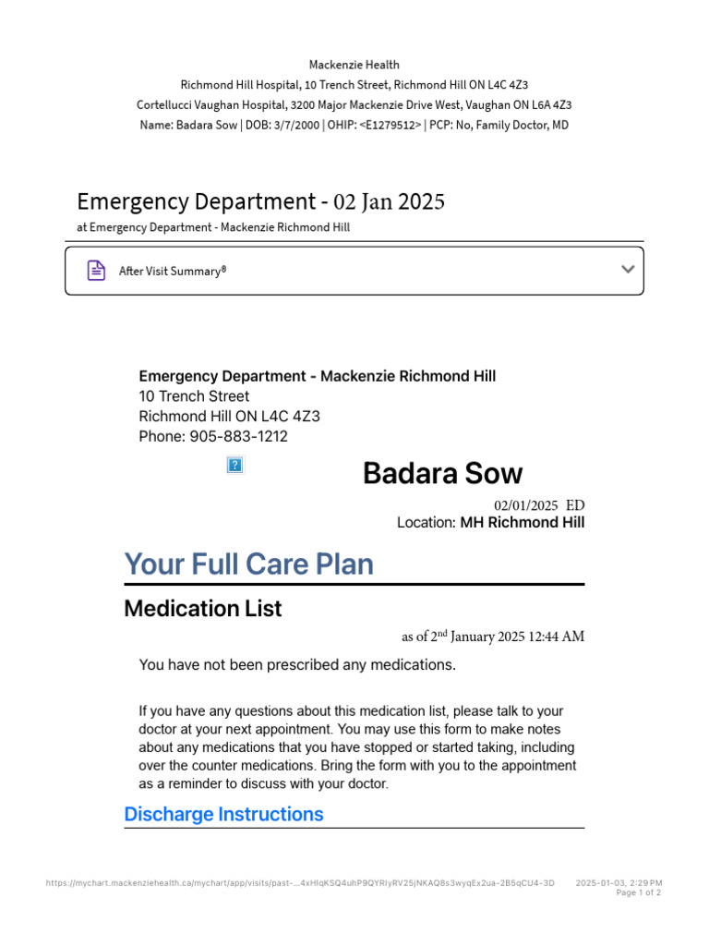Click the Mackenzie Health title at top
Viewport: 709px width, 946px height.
[x=354, y=65]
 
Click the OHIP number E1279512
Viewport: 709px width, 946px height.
[x=391, y=125]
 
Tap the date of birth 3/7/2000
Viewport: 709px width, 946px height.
[x=288, y=125]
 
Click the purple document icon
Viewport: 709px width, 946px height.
[x=95, y=271]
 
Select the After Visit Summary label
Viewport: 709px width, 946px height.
[x=173, y=272]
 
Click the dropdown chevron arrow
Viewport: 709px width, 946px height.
[x=628, y=270]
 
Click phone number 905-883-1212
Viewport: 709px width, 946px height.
[x=239, y=436]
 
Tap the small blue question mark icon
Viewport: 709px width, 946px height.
[x=234, y=465]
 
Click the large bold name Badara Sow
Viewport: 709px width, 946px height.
[x=442, y=474]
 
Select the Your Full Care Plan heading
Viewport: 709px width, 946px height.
[x=248, y=564]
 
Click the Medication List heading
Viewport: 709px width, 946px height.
[x=202, y=609]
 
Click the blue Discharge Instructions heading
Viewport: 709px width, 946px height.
[x=223, y=814]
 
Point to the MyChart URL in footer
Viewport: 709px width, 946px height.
[x=300, y=883]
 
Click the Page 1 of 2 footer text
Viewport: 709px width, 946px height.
[x=638, y=892]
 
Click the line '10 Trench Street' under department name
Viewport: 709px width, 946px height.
[x=194, y=396]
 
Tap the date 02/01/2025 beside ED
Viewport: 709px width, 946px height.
[x=526, y=505]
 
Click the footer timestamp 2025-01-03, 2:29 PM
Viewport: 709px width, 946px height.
[x=619, y=883]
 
